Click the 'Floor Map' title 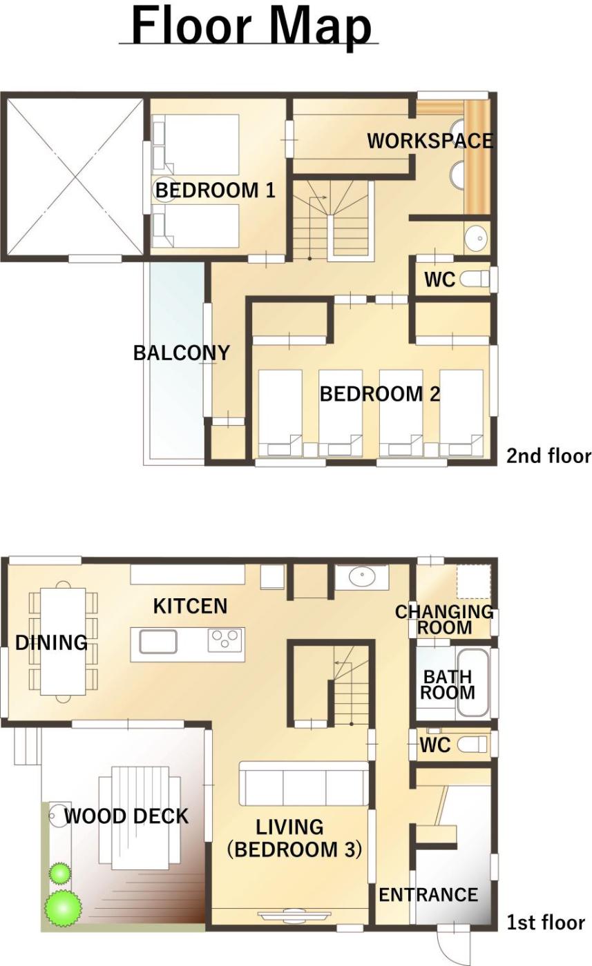click(251, 27)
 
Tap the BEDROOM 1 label click(215, 190)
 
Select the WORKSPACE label click(430, 141)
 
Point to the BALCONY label click(182, 353)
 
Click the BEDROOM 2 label click(380, 394)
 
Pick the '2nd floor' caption click(548, 456)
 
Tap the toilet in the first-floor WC click(472, 745)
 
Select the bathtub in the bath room click(472, 682)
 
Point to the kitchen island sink click(158, 641)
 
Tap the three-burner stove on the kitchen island click(225, 640)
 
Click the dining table click(63, 641)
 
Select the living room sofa click(304, 784)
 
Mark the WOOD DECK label click(126, 816)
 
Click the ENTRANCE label click(428, 895)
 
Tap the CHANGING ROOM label click(444, 620)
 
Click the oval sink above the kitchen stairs click(362, 577)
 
